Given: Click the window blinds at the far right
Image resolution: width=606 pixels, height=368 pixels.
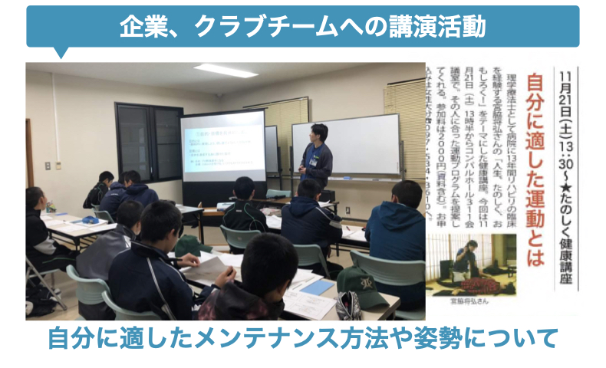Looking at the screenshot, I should [x=406, y=107].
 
